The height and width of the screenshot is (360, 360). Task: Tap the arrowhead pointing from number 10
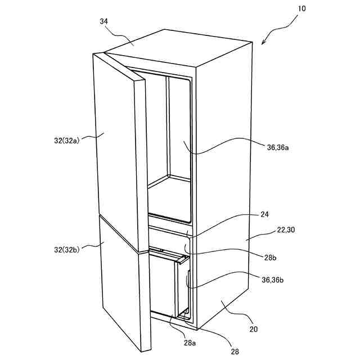tap(264, 43)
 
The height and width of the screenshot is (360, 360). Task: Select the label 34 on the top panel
tap(104, 22)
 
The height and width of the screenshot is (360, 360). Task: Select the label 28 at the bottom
tap(234, 352)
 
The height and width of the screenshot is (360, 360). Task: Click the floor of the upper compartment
tap(169, 197)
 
